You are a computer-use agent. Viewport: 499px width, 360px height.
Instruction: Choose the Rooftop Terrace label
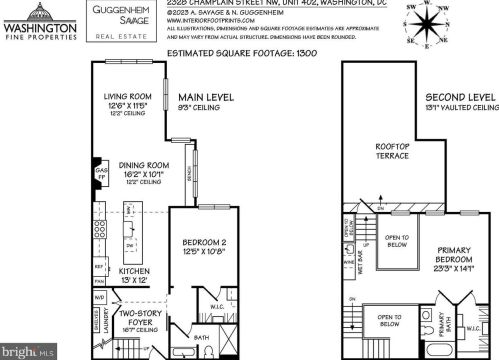tap(392, 151)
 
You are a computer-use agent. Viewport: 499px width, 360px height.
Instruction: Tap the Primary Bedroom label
tap(452, 257)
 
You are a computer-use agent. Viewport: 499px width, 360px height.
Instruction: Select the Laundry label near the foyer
tap(105, 321)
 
